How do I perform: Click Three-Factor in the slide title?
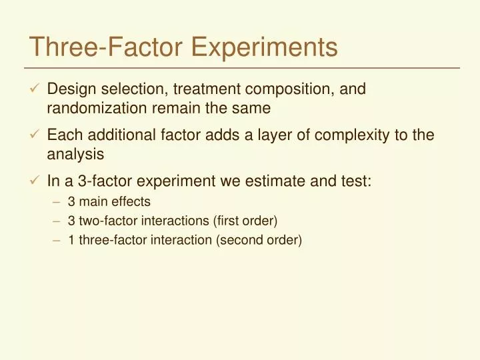click(107, 47)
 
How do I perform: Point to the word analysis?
click(75, 154)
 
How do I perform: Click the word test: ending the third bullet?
click(353, 181)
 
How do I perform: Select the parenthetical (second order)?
click(259, 240)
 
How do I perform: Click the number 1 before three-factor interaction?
click(71, 240)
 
